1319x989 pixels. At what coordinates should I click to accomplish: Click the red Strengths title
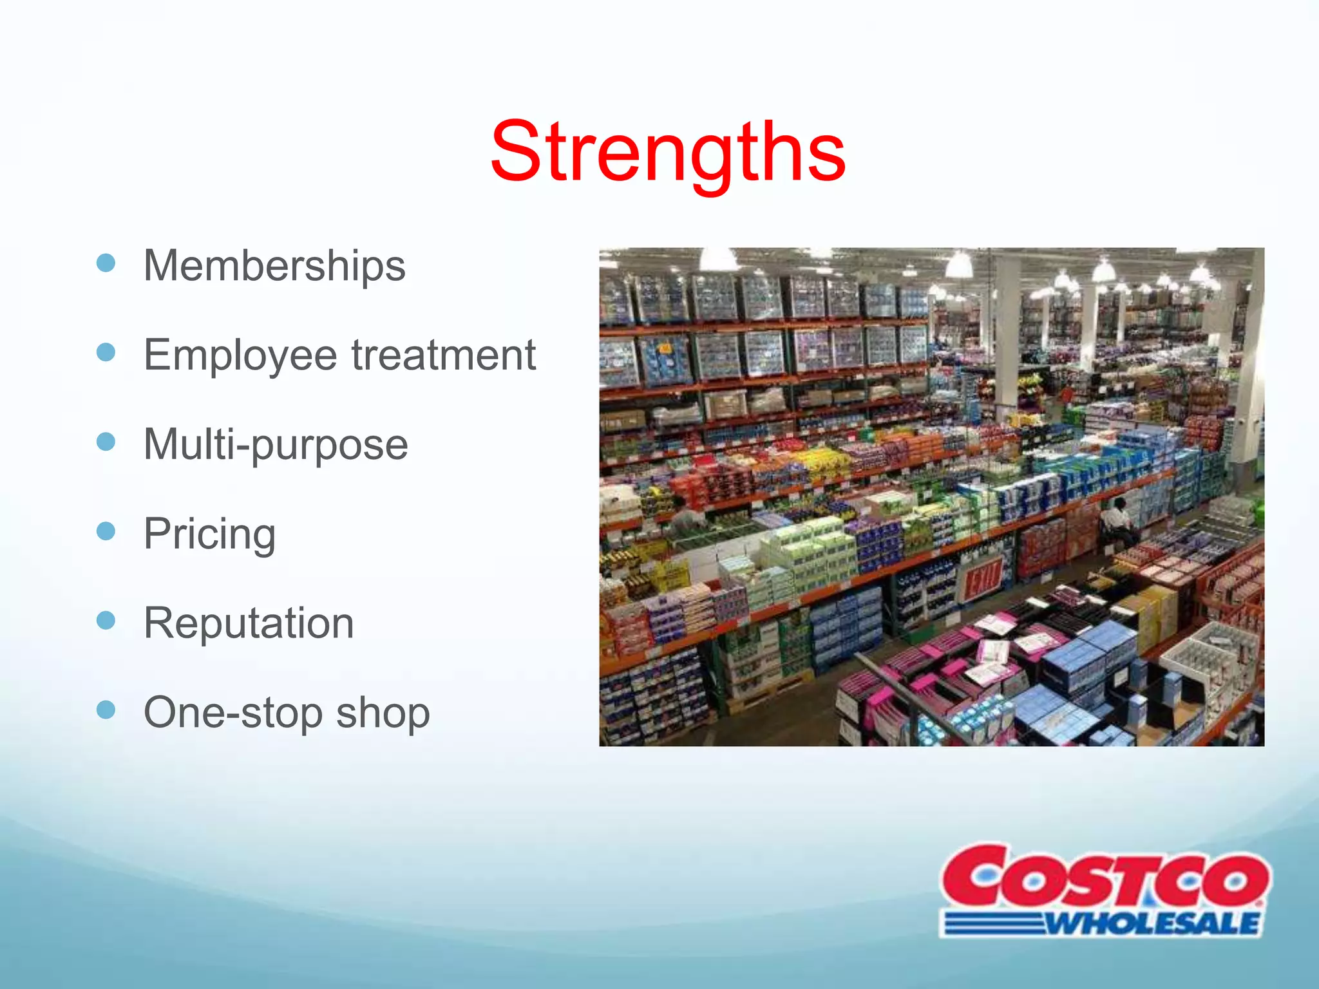(x=667, y=153)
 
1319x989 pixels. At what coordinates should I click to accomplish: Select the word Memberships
(x=274, y=266)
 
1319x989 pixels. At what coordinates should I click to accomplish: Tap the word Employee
(x=240, y=356)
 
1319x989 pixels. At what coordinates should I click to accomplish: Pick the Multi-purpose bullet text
(x=276, y=445)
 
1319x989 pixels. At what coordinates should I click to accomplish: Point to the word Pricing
(x=209, y=534)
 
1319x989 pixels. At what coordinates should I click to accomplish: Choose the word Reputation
(x=249, y=623)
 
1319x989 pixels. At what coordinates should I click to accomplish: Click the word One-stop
(x=232, y=713)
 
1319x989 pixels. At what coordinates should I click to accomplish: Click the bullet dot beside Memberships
(x=106, y=263)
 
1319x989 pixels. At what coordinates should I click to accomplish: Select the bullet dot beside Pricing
(x=106, y=531)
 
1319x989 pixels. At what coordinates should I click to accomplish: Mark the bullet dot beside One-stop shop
(x=106, y=710)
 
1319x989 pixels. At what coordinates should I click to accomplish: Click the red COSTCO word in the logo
(x=1104, y=878)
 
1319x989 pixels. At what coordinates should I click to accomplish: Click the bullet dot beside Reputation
(x=106, y=620)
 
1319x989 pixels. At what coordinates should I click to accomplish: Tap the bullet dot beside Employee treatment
(x=106, y=352)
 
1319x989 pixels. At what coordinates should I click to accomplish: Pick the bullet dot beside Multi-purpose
(x=106, y=442)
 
